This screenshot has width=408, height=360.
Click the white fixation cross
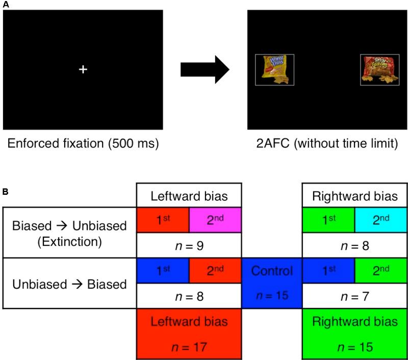click(83, 69)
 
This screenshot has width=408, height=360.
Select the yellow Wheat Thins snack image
click(274, 70)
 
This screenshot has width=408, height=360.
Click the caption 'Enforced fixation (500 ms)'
click(83, 144)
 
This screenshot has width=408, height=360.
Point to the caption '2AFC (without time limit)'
click(327, 144)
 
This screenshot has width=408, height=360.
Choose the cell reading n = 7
click(354, 296)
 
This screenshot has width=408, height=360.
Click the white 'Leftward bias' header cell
click(189, 195)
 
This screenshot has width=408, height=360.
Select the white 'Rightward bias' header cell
click(354, 195)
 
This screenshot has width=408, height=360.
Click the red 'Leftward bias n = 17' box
click(189, 333)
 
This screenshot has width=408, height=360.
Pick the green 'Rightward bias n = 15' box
click(354, 333)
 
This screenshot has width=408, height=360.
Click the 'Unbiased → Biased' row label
click(69, 284)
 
